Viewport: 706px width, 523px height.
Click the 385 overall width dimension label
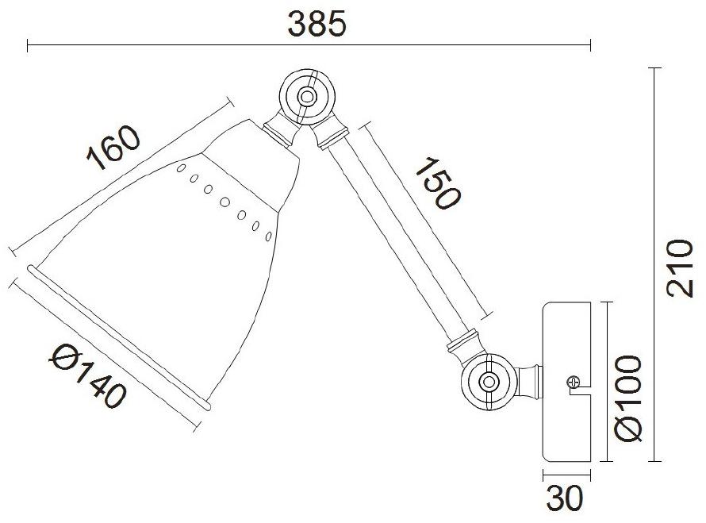point(317,23)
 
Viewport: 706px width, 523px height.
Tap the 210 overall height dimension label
point(680,267)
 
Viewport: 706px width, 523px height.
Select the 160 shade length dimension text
point(113,148)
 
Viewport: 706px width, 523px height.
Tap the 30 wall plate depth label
point(565,499)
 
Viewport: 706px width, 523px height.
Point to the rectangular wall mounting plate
point(566,382)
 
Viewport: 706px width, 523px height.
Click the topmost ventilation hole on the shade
point(181,168)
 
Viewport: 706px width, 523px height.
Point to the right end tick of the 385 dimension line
point(590,45)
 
